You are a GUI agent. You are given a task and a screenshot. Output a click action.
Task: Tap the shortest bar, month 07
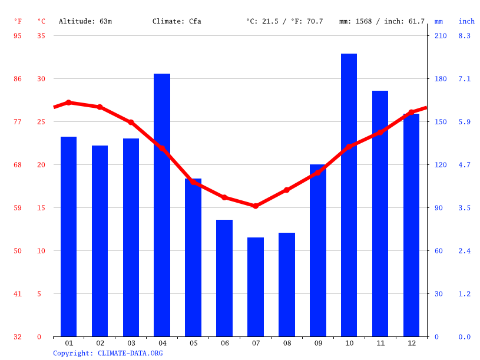[x=256, y=287]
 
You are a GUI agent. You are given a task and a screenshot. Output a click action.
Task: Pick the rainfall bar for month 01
[x=68, y=236]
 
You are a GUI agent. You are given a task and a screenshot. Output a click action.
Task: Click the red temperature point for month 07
[x=256, y=206]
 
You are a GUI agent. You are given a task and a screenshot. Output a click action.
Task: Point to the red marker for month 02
[x=100, y=107]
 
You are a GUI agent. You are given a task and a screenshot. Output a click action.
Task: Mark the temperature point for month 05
[x=193, y=182]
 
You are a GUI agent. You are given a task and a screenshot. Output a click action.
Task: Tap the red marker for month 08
[x=287, y=190]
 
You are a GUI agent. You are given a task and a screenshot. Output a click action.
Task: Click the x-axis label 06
[x=224, y=343]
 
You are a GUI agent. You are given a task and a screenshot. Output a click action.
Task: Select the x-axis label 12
[x=412, y=343]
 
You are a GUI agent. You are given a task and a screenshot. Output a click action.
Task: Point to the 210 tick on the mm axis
[x=441, y=36]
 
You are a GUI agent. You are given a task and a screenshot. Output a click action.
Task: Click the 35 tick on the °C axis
[x=41, y=36]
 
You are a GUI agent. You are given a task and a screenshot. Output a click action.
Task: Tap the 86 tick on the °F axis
[x=18, y=79]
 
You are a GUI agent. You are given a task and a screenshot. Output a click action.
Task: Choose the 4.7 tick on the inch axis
[x=465, y=165]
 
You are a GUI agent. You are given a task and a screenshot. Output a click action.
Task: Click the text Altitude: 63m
[x=85, y=21]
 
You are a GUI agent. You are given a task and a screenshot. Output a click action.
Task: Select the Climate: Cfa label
[x=177, y=21]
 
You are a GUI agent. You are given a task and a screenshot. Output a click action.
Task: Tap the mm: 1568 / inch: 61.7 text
[x=382, y=21]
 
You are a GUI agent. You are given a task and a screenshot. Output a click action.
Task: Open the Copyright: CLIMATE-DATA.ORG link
[x=108, y=353]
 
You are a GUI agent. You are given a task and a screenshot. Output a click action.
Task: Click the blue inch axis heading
[x=466, y=21]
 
